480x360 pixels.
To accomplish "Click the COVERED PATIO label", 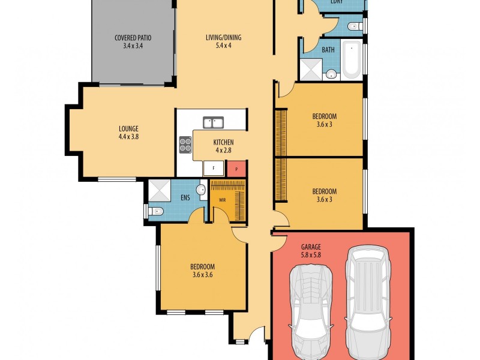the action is point(133,38).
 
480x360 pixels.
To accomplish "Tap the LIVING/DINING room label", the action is point(223,38).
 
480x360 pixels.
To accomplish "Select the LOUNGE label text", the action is point(128,129).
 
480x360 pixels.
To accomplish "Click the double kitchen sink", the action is point(214,122).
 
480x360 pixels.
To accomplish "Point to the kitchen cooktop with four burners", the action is point(185,145).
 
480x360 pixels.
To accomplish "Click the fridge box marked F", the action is point(214,168).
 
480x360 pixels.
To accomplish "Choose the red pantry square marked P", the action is point(236,169).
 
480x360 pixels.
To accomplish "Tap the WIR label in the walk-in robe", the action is point(222,200).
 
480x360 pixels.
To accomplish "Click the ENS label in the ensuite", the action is point(185,198).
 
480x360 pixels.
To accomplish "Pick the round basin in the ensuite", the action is point(202,190).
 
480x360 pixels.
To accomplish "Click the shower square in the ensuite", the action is point(159,190).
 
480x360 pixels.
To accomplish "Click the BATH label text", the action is point(328,50).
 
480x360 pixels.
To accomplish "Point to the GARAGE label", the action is point(311,247).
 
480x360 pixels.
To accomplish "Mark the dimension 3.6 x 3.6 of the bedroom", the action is point(203,275).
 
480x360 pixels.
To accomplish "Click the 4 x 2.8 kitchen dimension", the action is point(223,151).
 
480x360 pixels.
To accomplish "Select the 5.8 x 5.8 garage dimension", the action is point(311,254).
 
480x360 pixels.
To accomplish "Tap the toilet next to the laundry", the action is point(355,26).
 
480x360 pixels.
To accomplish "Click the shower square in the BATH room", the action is point(311,70).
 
